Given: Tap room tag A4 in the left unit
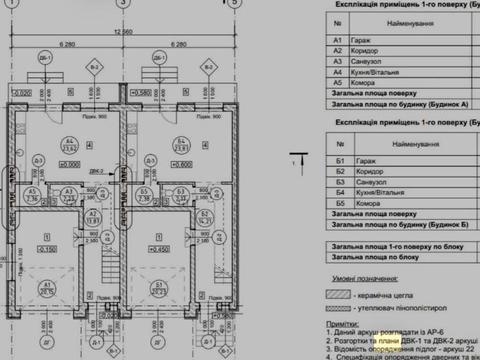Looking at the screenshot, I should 69,141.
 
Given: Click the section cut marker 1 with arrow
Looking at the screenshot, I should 297,157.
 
